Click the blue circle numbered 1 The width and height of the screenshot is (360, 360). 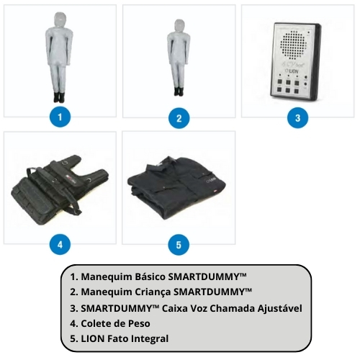tap(60, 117)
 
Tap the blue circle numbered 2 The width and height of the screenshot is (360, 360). tap(179, 118)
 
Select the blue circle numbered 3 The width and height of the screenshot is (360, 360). tap(297, 118)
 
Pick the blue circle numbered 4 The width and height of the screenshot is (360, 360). tap(60, 245)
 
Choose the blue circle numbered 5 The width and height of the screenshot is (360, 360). tap(179, 245)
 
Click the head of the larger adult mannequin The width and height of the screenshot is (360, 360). tap(60, 19)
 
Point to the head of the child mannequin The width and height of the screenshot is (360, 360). tap(179, 26)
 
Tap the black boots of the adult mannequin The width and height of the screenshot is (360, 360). tap(58, 97)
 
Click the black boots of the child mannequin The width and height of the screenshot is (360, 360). tap(179, 91)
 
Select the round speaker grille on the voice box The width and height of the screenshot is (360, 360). tap(292, 45)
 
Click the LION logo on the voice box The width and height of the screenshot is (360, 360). tap(292, 71)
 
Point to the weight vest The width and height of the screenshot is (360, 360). tap(60, 189)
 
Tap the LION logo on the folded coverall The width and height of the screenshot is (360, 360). tap(211, 179)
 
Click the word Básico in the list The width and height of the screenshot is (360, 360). tap(150, 276)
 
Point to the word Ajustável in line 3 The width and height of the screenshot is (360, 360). tap(280, 308)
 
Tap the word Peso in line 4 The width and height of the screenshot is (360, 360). tap(139, 323)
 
